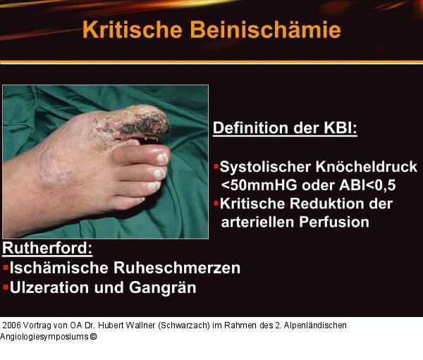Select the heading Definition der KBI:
point(285,129)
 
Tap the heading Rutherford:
point(48,249)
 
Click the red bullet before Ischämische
point(6,268)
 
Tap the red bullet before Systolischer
point(216,168)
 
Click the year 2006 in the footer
point(12,326)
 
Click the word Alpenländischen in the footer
point(313,326)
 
